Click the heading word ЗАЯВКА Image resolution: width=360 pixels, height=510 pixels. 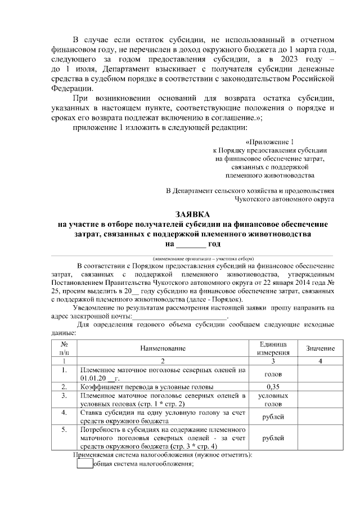click(x=192, y=214)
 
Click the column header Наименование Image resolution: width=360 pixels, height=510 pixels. click(x=163, y=349)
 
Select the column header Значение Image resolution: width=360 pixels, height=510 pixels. click(x=320, y=349)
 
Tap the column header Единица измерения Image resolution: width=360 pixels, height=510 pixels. click(x=273, y=348)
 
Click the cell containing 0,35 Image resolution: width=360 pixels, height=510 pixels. click(x=273, y=387)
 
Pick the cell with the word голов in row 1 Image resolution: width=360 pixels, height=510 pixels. click(x=273, y=374)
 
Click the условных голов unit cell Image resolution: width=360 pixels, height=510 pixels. click(x=273, y=400)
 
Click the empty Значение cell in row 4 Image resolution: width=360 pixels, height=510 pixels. click(x=320, y=417)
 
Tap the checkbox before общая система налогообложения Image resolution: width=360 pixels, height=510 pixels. click(x=84, y=464)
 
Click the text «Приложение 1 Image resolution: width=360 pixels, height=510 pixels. click(x=270, y=142)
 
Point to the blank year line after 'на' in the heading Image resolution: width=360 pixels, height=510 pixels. click(x=191, y=244)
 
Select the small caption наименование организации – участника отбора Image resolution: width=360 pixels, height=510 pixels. click(x=191, y=257)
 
